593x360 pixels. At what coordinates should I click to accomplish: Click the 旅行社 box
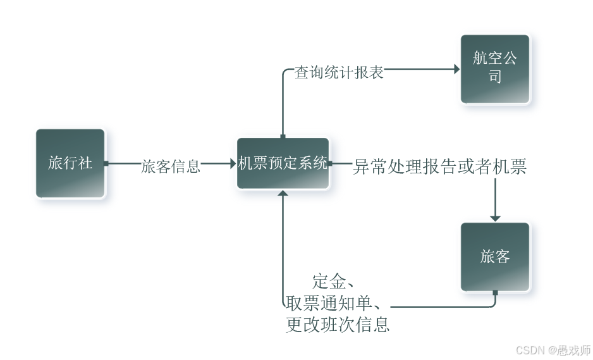70,163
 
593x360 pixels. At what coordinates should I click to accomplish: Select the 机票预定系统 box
283,163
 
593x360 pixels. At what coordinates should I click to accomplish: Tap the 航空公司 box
495,68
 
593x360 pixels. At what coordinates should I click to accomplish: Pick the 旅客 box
495,256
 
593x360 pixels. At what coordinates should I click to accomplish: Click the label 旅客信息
171,166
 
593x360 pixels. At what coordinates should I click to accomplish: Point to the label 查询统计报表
339,73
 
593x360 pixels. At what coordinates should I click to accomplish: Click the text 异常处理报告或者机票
439,167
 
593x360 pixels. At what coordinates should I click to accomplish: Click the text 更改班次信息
338,324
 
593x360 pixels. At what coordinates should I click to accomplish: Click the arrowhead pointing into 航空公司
456,69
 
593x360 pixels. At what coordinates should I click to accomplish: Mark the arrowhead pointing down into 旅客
495,218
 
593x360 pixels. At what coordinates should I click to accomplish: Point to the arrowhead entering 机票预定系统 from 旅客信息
232,163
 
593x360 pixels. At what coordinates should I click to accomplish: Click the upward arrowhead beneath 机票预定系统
283,193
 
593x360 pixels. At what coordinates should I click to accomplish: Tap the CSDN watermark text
553,350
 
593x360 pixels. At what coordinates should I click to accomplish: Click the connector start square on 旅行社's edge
106,163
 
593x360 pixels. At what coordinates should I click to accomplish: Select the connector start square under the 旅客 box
495,293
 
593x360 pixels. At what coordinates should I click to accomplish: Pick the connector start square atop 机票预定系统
283,136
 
